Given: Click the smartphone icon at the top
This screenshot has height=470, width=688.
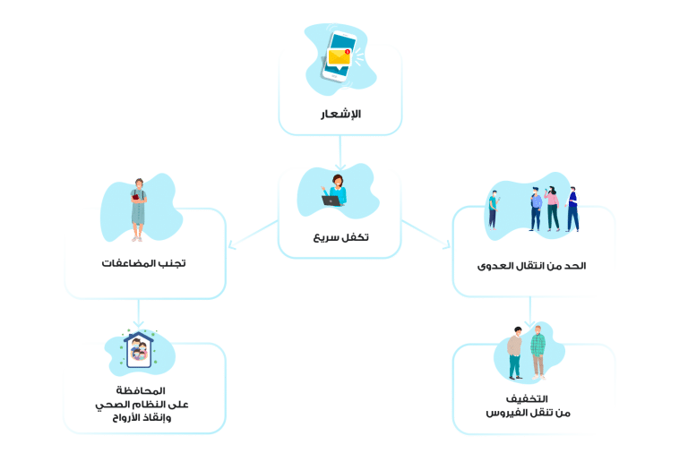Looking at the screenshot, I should click(x=339, y=56).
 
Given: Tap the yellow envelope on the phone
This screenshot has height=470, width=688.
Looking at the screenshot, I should click(x=339, y=58).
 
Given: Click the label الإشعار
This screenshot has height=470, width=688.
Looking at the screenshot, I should click(x=340, y=115).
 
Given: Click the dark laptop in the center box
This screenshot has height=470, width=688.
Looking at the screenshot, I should click(x=331, y=201).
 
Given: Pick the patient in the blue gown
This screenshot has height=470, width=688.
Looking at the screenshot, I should click(x=138, y=209).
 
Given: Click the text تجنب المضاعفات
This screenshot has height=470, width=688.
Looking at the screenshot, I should click(x=144, y=264).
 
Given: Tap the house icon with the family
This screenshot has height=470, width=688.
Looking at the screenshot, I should click(x=139, y=350).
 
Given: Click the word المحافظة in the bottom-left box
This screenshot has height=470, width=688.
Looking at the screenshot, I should click(x=142, y=391).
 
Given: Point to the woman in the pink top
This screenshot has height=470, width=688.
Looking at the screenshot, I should click(x=553, y=207).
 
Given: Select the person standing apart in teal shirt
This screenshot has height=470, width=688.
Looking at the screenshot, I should click(x=493, y=208).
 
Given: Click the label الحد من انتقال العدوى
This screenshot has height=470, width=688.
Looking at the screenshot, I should click(x=532, y=266).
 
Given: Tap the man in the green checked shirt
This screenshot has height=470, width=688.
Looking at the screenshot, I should click(x=537, y=351).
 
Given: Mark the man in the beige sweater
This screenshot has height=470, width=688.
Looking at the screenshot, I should click(x=515, y=352).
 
